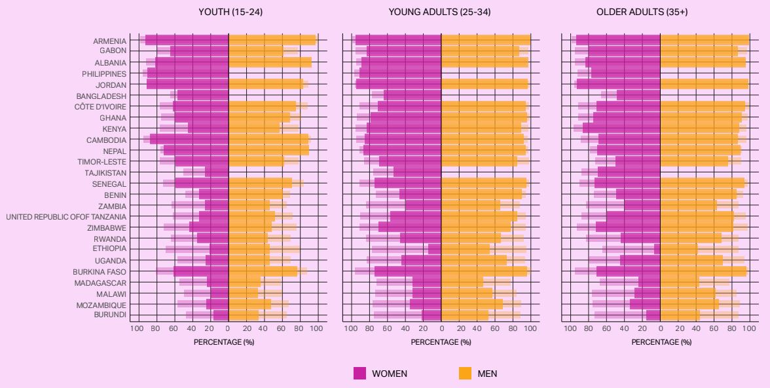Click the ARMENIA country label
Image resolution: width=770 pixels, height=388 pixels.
pyautogui.click(x=109, y=41)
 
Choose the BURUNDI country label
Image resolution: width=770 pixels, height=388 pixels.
pyautogui.click(x=109, y=315)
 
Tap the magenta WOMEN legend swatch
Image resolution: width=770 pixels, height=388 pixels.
pyautogui.click(x=359, y=374)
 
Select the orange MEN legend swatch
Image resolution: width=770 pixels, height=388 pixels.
pyautogui.click(x=465, y=374)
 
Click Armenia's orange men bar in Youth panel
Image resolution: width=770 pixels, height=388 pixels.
pyautogui.click(x=272, y=41)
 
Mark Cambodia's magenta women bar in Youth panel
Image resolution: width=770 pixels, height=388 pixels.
pyautogui.click(x=189, y=140)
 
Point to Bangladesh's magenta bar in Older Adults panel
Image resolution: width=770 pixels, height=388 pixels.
pyautogui.click(x=638, y=96)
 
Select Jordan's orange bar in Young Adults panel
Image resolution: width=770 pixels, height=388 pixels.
pyautogui.click(x=485, y=85)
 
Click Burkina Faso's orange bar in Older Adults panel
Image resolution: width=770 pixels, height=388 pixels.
pyautogui.click(x=703, y=271)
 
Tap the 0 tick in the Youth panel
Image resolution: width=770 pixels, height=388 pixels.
pyautogui.click(x=228, y=328)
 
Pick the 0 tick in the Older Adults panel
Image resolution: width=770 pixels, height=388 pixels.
pyautogui.click(x=660, y=328)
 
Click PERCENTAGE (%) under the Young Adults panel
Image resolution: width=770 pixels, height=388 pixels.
pyautogui.click(x=441, y=342)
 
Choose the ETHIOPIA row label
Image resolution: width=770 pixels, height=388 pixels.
pyautogui.click(x=109, y=249)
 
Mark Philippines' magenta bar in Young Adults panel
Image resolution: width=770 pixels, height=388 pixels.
pyautogui.click(x=401, y=73)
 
